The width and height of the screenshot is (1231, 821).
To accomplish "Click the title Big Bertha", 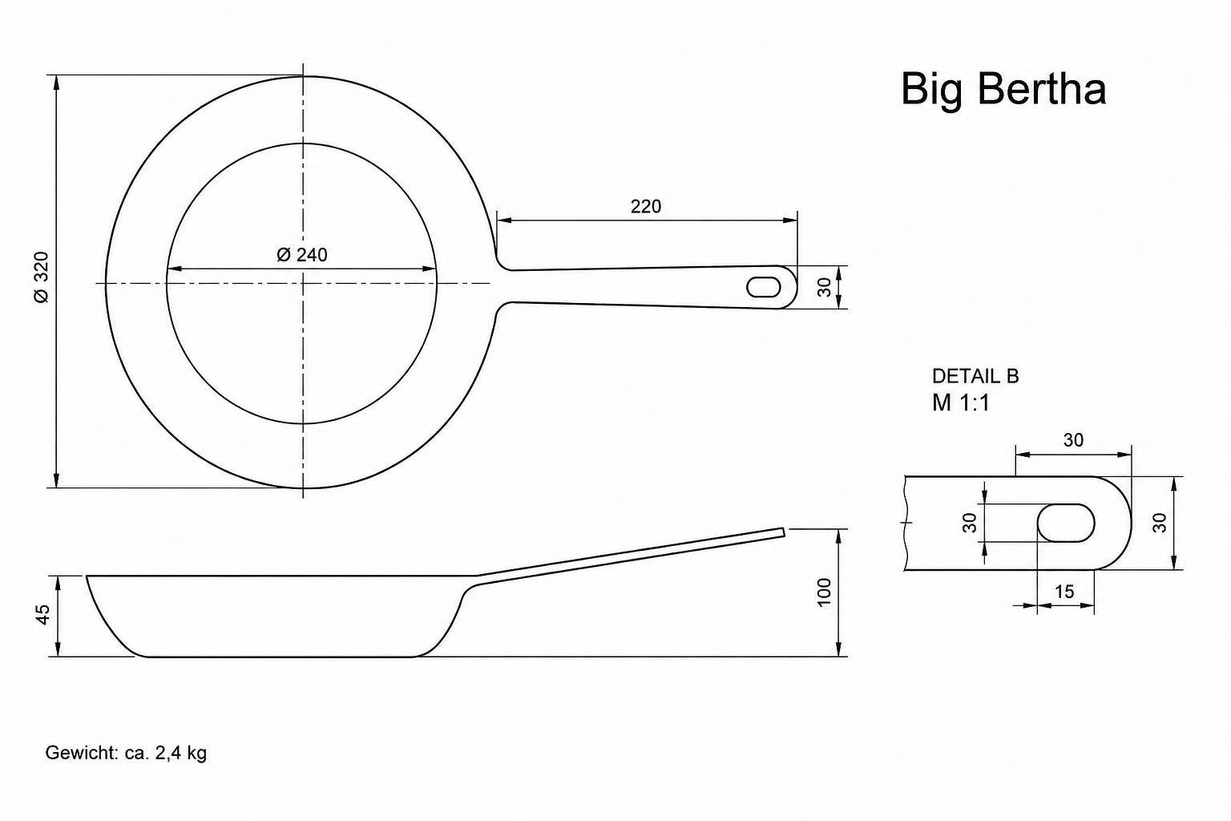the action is tap(1003, 89).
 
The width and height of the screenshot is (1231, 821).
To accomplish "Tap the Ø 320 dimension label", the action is tap(42, 277).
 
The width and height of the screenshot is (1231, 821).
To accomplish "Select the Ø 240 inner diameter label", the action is tap(302, 255).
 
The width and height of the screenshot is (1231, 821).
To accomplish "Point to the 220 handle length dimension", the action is tap(646, 207).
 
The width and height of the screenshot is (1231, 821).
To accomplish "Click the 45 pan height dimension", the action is tap(42, 614).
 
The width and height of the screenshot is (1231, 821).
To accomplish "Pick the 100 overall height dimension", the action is tap(825, 592).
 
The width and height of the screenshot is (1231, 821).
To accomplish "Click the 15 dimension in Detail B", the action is tap(1064, 592).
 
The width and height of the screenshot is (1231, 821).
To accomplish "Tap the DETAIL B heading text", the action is tap(975, 376).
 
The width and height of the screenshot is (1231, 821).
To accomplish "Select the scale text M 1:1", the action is tap(961, 402).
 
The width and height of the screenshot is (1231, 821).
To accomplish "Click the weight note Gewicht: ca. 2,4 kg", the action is tap(126, 753).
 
